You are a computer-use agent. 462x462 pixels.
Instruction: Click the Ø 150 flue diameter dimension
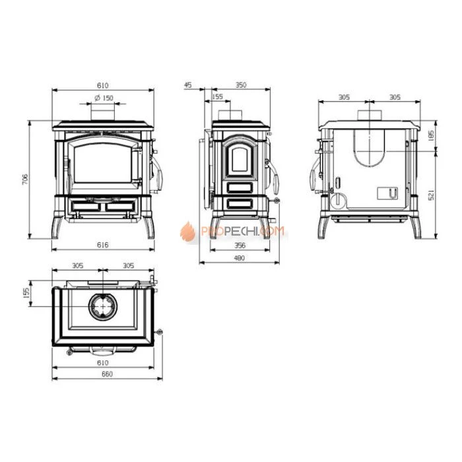click(104, 98)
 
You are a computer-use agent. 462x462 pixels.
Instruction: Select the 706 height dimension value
click(24, 180)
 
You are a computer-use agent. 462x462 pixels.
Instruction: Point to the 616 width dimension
click(102, 245)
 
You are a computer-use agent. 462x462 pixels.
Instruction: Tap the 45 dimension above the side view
click(187, 85)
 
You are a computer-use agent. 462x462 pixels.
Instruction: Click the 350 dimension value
click(240, 85)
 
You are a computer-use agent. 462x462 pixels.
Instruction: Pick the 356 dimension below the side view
click(240, 245)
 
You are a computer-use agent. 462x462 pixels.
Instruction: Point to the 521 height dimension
click(431, 195)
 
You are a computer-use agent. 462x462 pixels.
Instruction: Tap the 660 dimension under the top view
click(102, 374)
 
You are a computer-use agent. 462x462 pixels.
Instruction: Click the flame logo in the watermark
click(188, 232)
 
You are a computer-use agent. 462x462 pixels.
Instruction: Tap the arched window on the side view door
click(239, 158)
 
